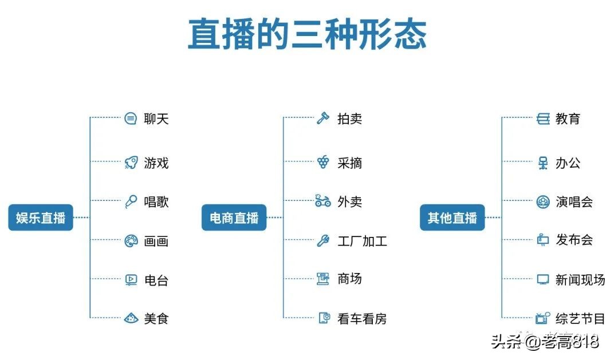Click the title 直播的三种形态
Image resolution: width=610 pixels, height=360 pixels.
(x=308, y=34)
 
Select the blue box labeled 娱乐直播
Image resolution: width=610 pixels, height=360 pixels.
(x=41, y=217)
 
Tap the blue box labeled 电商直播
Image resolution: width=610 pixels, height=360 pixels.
(x=234, y=217)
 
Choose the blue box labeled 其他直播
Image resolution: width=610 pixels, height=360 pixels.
(x=452, y=217)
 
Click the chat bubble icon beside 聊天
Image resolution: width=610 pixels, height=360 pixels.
(x=131, y=119)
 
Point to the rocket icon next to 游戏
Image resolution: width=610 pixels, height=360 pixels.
(x=131, y=163)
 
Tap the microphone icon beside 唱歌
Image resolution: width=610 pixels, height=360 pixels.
(x=131, y=201)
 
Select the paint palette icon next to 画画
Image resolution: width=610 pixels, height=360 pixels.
(x=131, y=241)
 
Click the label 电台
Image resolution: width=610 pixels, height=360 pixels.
(x=156, y=280)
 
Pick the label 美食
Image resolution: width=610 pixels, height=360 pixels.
(x=156, y=318)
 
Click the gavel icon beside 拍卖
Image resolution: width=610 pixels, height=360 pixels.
(x=323, y=119)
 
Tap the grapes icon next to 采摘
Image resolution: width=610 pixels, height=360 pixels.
(x=323, y=163)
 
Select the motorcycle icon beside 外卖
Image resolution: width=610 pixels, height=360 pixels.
(x=322, y=201)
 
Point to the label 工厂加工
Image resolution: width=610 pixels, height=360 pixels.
(x=362, y=241)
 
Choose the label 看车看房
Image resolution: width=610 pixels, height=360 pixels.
(x=362, y=319)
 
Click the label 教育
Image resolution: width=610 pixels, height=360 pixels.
(x=568, y=119)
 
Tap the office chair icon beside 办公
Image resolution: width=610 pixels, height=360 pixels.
(x=542, y=163)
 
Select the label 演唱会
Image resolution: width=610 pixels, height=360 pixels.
(x=574, y=201)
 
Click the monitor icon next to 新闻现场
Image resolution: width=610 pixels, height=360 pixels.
(x=542, y=279)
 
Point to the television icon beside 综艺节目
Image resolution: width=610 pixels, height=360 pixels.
(x=542, y=318)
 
